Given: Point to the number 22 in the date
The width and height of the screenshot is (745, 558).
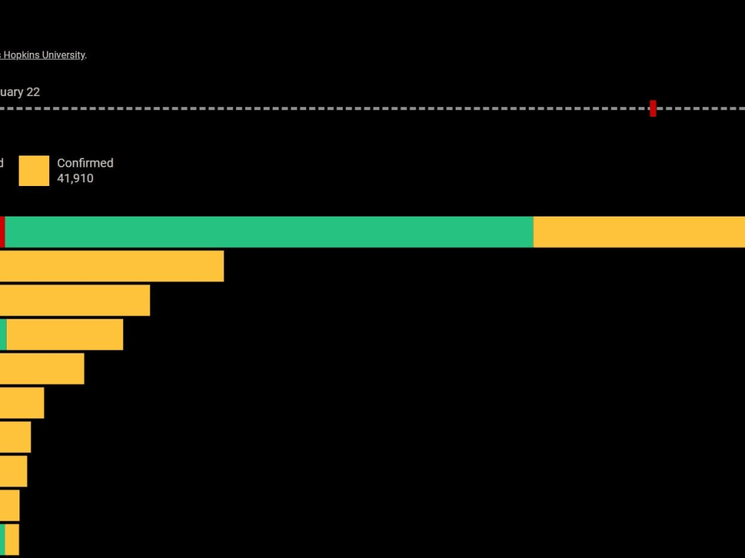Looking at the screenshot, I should pyautogui.click(x=33, y=92).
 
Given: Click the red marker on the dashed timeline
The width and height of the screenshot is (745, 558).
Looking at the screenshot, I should pyautogui.click(x=653, y=109).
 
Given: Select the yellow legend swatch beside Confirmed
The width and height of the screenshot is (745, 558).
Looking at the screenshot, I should pyautogui.click(x=34, y=170).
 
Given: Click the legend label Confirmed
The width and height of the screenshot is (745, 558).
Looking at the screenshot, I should pyautogui.click(x=85, y=163).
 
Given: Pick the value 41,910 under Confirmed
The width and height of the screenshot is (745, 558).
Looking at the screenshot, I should pyautogui.click(x=75, y=179).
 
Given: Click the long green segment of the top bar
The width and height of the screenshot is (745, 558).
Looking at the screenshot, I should pyautogui.click(x=268, y=232).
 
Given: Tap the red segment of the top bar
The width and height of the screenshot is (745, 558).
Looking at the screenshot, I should pyautogui.click(x=2, y=232).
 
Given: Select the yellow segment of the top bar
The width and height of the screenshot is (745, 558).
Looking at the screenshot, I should pyautogui.click(x=638, y=232).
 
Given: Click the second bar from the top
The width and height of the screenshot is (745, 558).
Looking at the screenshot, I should pyautogui.click(x=112, y=266).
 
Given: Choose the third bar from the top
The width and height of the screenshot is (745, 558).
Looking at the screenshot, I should pyautogui.click(x=74, y=301).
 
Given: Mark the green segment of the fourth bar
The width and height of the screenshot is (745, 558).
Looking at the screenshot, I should pyautogui.click(x=3, y=335).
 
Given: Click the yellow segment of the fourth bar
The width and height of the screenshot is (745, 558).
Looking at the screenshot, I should pyautogui.click(x=65, y=335).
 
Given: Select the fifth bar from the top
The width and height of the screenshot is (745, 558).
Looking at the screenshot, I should pyautogui.click(x=42, y=369).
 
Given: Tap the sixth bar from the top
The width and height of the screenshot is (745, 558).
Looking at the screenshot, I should pyautogui.click(x=22, y=403).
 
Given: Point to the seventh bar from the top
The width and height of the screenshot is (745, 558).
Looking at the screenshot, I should pyautogui.click(x=15, y=437).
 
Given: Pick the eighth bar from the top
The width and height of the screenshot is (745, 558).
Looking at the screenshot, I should pyautogui.click(x=13, y=472).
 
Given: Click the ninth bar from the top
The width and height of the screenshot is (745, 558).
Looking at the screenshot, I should pyautogui.click(x=10, y=506).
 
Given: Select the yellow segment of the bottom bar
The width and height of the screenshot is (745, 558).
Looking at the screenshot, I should pyautogui.click(x=12, y=540).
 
